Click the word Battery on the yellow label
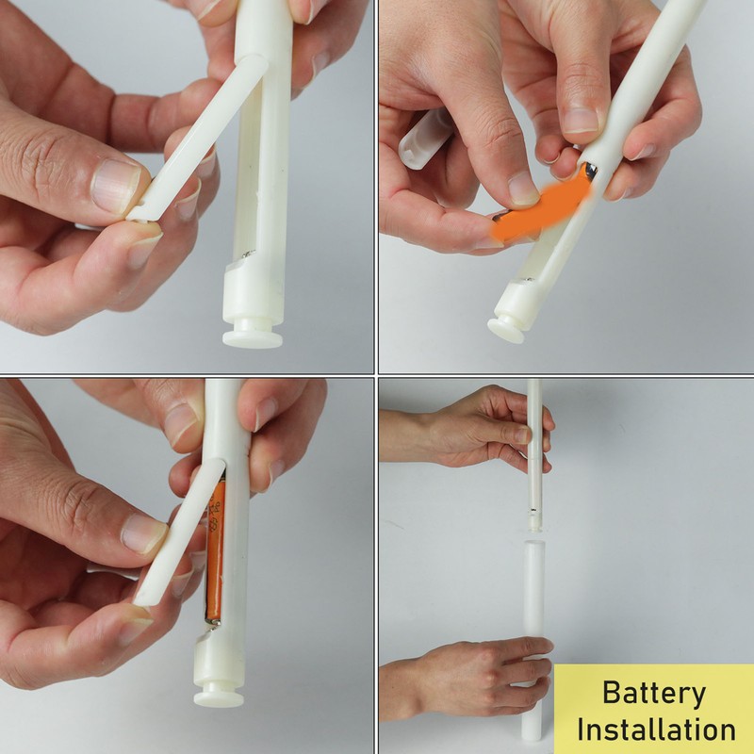[654, 694]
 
